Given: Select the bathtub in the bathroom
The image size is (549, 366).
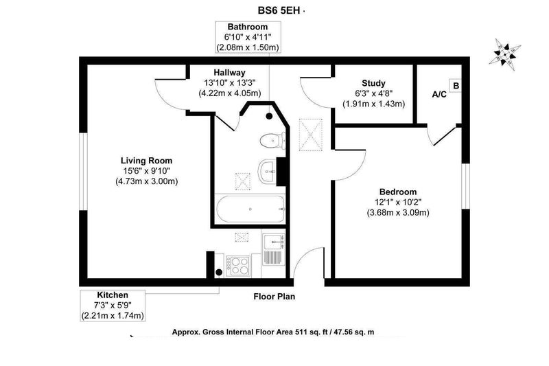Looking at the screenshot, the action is coord(250,209).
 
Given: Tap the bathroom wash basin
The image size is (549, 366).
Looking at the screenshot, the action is coord(268,172).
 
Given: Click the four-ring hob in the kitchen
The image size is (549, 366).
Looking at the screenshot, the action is coord(238,266).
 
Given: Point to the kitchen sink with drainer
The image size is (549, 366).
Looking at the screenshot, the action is coord(274,249).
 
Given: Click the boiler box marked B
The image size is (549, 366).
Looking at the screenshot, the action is coord(456,86).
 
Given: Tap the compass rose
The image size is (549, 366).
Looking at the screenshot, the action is coord(505,54).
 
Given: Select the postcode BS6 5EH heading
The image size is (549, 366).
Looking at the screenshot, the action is coord(279,10).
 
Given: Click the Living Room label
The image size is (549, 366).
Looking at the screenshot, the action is coord(146,161).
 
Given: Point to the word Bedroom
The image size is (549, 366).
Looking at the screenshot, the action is coord(398,192).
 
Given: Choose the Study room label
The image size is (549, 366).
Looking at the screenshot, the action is coord(373,83).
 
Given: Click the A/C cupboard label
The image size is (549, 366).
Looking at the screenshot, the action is coord(439,94).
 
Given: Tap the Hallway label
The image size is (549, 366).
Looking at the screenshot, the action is coord(230,73).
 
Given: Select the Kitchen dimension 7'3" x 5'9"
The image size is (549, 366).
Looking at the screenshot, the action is coord(113,306).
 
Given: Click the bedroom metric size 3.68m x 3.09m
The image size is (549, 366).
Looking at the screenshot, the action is coord(398,213).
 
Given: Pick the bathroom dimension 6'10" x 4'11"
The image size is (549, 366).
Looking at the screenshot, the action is coord(248,37).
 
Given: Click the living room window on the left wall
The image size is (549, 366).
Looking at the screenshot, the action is coord(83,172).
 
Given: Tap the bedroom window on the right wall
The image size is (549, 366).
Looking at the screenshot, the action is coord(465,186).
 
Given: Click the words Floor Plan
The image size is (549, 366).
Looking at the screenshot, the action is coord(274,297).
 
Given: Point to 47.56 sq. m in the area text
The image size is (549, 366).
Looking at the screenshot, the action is coord(353,332).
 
